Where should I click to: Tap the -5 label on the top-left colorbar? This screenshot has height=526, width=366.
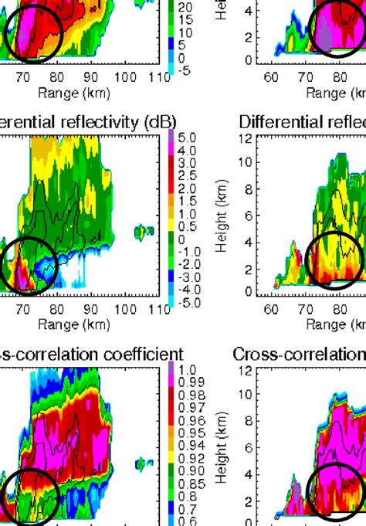[x=187, y=70]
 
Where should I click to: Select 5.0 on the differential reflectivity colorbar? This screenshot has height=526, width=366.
[x=188, y=137]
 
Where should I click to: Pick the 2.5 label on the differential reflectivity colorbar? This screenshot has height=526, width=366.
[x=188, y=176]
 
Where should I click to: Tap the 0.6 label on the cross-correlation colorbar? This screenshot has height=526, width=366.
[x=186, y=521]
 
